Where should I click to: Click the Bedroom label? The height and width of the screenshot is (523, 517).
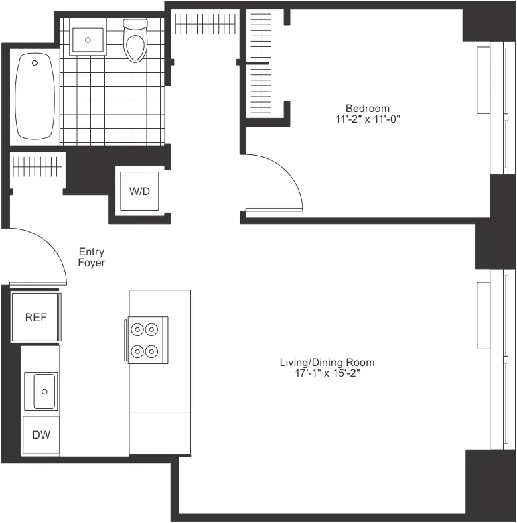367,108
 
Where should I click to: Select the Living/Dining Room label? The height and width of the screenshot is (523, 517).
327,363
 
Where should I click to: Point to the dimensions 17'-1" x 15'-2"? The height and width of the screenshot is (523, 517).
327,373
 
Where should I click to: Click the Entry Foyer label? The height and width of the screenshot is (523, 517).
92,257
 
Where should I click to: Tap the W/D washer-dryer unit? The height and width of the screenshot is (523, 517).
139,191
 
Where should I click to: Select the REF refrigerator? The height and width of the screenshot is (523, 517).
35,317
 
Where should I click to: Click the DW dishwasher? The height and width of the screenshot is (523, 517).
40,434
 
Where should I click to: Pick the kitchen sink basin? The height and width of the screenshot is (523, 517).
44,391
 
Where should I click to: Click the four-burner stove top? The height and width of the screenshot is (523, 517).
146,340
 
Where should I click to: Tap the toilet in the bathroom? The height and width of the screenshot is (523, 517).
135,42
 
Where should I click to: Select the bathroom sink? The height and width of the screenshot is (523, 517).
88,40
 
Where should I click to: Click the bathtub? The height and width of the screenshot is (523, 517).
34,97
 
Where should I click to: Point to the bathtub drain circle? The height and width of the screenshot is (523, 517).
35,64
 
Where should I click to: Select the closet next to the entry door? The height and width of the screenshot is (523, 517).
37,171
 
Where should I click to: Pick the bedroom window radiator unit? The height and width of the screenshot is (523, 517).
484,80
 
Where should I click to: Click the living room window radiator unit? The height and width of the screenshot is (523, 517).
484,315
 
